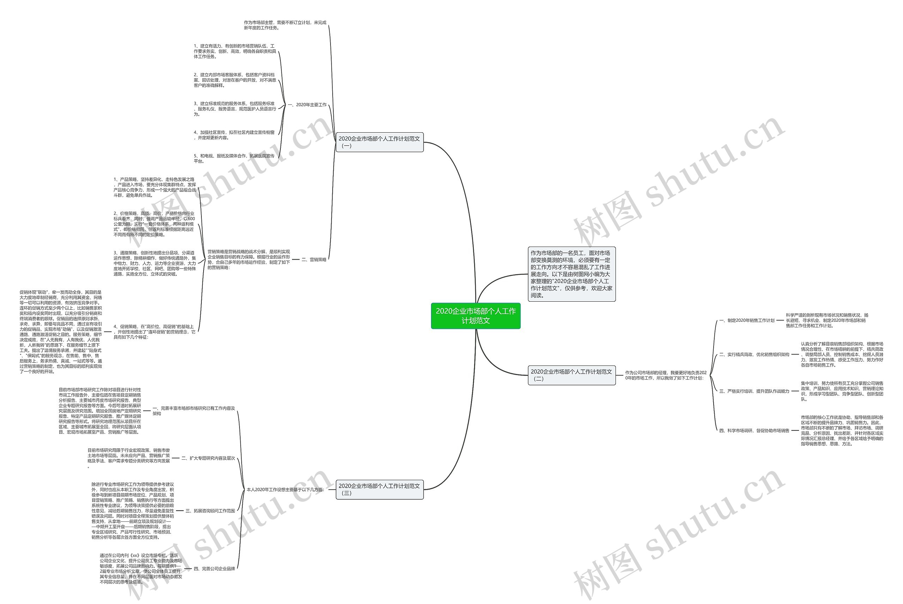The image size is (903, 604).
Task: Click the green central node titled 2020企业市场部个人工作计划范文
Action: [475, 316]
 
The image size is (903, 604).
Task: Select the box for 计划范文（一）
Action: [379, 142]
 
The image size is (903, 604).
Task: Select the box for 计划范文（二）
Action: [571, 375]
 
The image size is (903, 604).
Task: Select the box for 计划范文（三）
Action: [379, 489]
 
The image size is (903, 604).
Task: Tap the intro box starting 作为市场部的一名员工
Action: [571, 274]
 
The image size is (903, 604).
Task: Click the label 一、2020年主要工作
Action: [307, 105]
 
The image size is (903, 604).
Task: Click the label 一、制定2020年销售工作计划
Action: [747, 320]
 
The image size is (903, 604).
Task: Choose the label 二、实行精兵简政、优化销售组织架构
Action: [754, 354]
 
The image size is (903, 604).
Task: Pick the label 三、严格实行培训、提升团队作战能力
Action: [754, 391]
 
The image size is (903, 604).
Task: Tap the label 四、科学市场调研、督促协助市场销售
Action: [754, 431]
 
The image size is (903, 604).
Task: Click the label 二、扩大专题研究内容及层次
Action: [208, 458]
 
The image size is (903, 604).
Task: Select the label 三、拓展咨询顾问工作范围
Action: [210, 511]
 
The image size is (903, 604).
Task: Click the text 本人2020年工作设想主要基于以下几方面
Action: [285, 490]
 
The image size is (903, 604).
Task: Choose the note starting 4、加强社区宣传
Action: [234, 135]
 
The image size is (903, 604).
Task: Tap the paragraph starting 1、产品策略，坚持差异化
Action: [154, 187]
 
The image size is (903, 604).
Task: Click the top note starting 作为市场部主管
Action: [285, 25]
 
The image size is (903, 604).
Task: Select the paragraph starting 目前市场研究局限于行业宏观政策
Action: [129, 458]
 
